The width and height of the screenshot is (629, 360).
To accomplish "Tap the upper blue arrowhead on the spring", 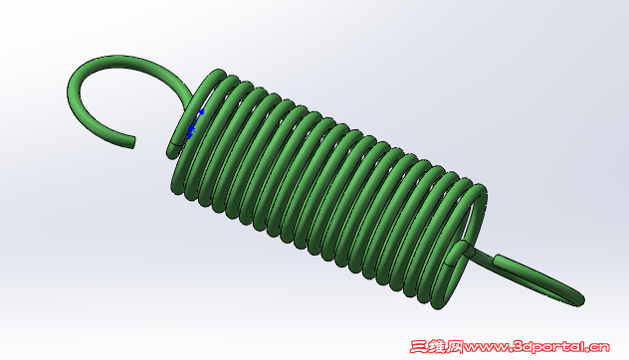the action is pos(201,111).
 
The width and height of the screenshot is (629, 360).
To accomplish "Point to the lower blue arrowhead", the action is pos(190,136).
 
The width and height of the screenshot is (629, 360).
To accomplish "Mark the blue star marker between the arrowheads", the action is pos(192,128).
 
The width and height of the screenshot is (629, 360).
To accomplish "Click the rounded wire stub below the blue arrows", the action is pos(173,150).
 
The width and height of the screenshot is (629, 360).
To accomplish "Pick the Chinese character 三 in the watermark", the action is pos(419,346).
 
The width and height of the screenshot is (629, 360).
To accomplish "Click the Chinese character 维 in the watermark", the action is pos(437,346).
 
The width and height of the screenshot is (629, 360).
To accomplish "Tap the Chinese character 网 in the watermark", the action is pos(455,346).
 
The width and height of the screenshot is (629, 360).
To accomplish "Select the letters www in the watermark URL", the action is pos(486,348).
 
